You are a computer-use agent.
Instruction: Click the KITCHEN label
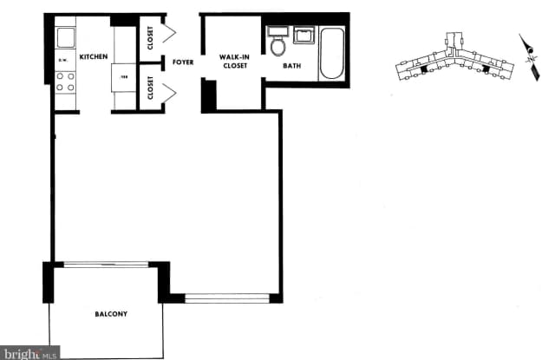click(x=94, y=56)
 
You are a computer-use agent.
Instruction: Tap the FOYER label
click(x=182, y=62)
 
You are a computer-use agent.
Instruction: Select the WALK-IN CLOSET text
click(x=234, y=61)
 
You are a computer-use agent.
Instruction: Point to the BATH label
click(x=292, y=65)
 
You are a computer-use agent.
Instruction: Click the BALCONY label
click(x=111, y=313)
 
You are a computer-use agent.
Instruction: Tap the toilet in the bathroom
click(x=278, y=44)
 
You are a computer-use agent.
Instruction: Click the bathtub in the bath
click(x=331, y=53)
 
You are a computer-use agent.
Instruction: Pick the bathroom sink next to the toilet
click(x=304, y=36)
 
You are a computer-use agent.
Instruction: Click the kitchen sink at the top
click(x=66, y=37)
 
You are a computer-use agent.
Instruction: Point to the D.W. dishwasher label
click(x=62, y=61)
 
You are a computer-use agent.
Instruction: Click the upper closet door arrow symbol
click(x=170, y=35)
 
